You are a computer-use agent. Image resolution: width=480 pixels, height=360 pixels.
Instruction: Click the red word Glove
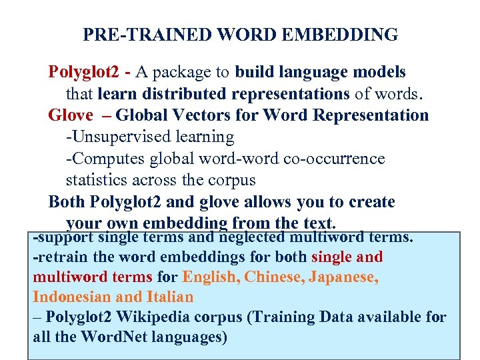click(x=71, y=115)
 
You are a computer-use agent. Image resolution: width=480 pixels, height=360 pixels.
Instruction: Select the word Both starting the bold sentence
click(x=67, y=202)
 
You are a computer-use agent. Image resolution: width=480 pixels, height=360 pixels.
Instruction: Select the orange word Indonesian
click(x=73, y=297)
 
